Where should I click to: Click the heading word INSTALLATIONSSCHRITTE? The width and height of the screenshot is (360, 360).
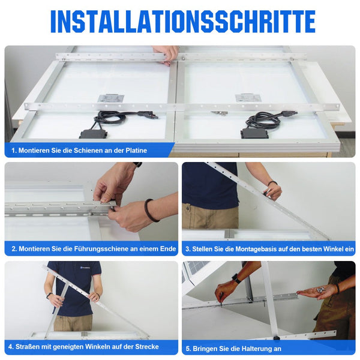coord(182,22)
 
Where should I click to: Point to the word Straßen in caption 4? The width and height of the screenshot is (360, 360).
coord(23,347)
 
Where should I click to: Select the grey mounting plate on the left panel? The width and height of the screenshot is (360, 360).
coord(111,98)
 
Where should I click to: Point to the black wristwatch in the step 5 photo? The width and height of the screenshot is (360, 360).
coord(236,278)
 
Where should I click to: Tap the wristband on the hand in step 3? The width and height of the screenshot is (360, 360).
coord(272,183)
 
